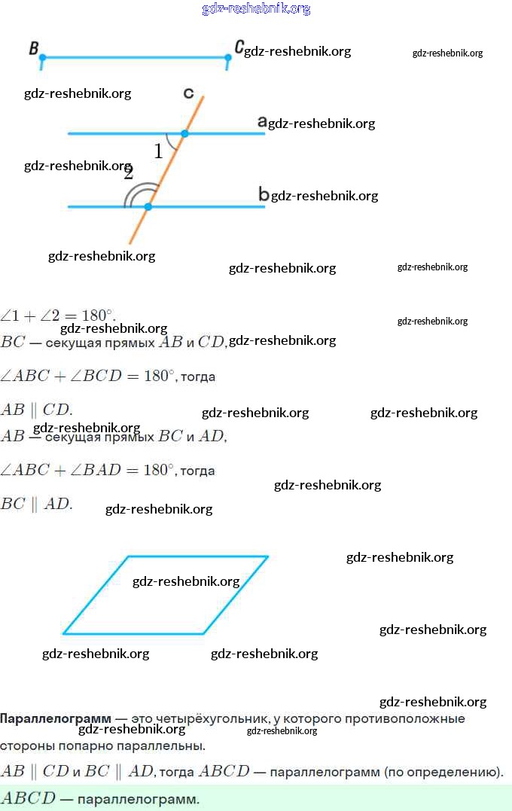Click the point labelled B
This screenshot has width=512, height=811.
click(x=42, y=57)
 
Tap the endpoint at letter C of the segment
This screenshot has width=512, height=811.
click(x=228, y=57)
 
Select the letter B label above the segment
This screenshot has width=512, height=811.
click(x=34, y=48)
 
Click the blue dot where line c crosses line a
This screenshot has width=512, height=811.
click(x=184, y=133)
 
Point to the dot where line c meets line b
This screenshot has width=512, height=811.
click(x=148, y=206)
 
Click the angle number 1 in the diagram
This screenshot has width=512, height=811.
click(x=158, y=151)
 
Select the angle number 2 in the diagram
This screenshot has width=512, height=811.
click(x=129, y=172)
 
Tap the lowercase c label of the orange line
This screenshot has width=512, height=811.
click(x=188, y=93)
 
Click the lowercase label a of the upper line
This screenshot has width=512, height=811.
click(x=262, y=121)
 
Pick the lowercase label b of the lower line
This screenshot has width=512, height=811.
click(x=264, y=194)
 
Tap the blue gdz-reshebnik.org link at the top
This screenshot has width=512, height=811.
click(x=256, y=9)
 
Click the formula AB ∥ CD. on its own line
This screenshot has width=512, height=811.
click(x=36, y=410)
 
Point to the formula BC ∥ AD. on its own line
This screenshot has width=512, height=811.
click(x=37, y=505)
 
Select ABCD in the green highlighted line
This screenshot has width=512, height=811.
click(x=28, y=798)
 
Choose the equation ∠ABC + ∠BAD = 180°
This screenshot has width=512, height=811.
click(x=87, y=470)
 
